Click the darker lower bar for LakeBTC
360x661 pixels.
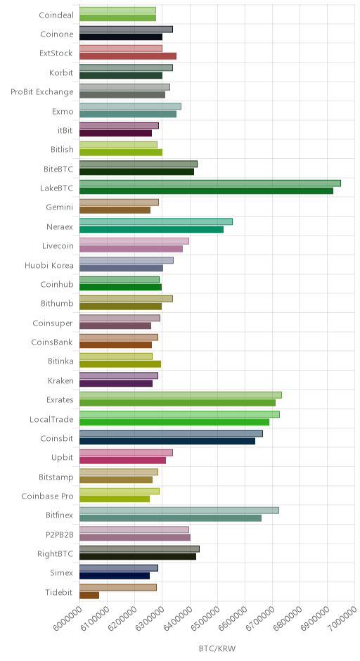tap(206, 191)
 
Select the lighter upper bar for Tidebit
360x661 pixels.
tap(118, 587)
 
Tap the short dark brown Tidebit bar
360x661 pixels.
tap(89, 595)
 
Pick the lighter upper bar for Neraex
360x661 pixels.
tap(156, 222)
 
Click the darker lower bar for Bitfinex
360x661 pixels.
tap(170, 518)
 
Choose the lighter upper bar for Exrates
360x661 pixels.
tap(181, 395)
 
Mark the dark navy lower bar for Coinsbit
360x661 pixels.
tap(167, 441)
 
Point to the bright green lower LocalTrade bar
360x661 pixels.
tap(174, 422)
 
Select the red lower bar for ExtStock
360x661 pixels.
tap(128, 56)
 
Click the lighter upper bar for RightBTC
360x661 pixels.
tap(139, 549)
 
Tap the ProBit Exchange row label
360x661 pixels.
tap(42, 92)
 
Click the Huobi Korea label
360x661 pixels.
tap(49, 265)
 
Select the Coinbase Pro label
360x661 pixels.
tap(47, 496)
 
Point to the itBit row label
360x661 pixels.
tap(65, 130)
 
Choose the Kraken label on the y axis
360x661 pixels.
tap(60, 380)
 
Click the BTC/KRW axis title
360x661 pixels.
tap(217, 648)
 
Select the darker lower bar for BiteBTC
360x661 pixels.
tap(136, 172)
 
